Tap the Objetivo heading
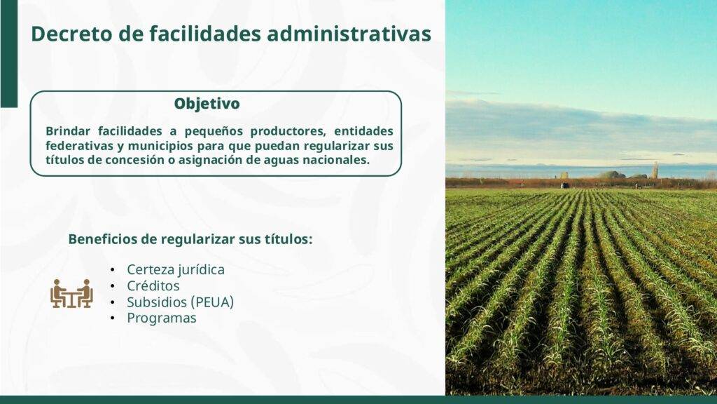[x=207, y=104]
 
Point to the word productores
[x=288, y=132]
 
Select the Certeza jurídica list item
[x=176, y=270]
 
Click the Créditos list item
[x=153, y=286]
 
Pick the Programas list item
[x=162, y=318]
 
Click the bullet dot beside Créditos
[x=113, y=286]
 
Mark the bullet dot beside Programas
[x=113, y=318]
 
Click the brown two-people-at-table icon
[x=72, y=293]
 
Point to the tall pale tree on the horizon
[x=655, y=170]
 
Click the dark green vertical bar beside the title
[x=8, y=53]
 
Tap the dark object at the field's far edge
[x=565, y=185]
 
